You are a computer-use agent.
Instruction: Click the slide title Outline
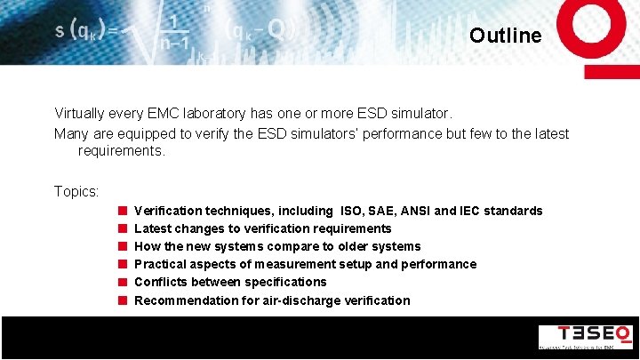(505, 36)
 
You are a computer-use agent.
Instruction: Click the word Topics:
(76, 191)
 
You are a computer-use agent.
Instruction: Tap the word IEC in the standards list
(472, 211)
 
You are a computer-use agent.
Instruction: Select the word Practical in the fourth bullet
(159, 264)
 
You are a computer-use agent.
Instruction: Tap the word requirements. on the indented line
(122, 151)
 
